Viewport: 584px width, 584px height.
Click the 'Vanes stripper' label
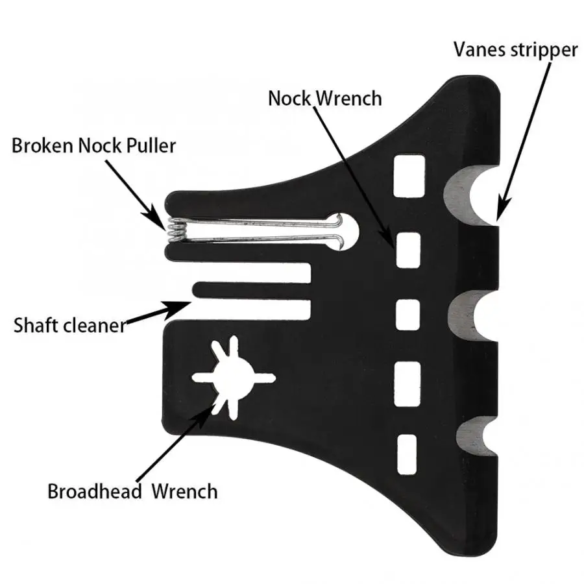coord(515,49)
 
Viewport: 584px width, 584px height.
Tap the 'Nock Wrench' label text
coord(325,98)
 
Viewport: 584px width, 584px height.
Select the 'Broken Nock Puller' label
coord(93,145)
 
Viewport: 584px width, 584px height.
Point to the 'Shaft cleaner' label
coord(69,324)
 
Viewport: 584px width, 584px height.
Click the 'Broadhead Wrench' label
coord(132,490)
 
